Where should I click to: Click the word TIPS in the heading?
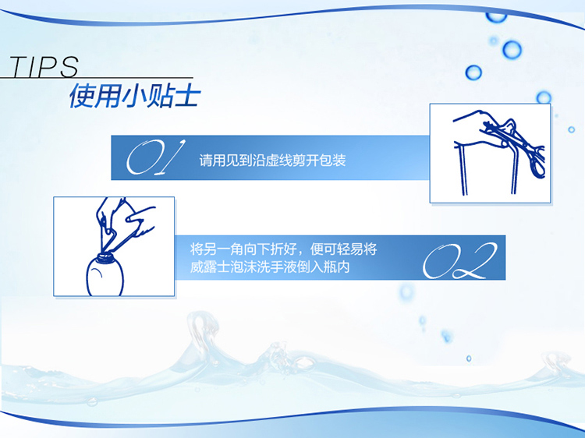[x=44, y=66]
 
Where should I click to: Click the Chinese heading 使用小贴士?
[x=135, y=96]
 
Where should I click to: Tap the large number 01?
[x=155, y=157]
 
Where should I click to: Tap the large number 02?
[x=460, y=260]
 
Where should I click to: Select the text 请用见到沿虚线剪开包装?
[x=272, y=161]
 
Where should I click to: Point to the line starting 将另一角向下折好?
[x=284, y=249]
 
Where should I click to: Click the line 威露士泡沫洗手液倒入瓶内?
[x=270, y=267]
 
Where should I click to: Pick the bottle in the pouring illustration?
[x=105, y=275]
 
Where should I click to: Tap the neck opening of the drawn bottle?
[x=105, y=256]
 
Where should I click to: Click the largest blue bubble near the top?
[x=512, y=50]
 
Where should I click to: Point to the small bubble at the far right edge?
[x=572, y=129]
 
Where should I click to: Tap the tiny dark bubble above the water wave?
[x=469, y=359]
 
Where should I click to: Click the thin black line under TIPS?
[x=97, y=77]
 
